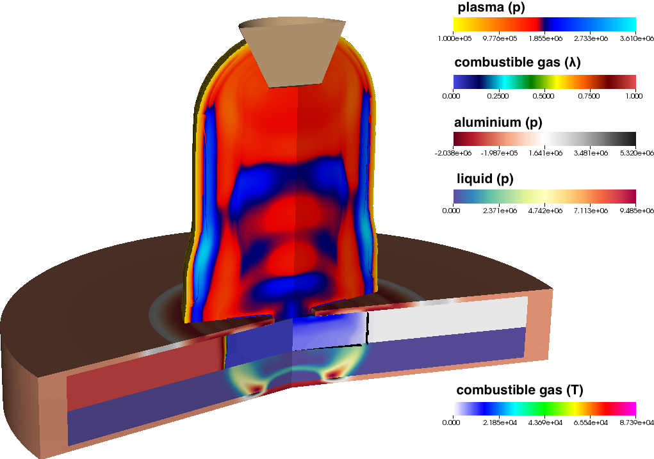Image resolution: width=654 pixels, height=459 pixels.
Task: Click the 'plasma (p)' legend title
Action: coord(491,7)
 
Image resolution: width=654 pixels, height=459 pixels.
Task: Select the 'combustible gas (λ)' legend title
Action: coord(517,62)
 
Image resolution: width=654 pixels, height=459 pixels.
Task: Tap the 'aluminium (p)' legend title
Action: coord(498,122)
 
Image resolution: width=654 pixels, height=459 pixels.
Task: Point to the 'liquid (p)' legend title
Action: coord(485,179)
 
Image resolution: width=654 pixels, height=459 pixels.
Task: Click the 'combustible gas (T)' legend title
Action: coord(519,390)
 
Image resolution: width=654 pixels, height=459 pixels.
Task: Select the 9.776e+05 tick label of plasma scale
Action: coord(500,38)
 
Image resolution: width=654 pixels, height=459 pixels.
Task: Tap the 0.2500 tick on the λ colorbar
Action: coord(498,96)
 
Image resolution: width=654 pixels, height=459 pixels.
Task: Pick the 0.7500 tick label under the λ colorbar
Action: coord(589,96)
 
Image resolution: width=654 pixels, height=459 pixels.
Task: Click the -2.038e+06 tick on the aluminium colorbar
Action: coord(453,153)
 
